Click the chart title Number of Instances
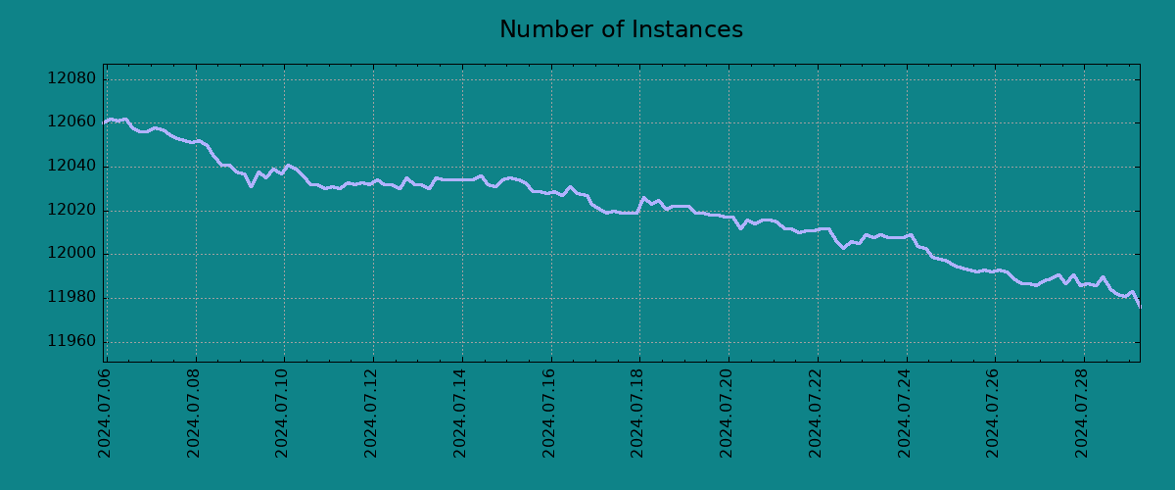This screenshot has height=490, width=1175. click(x=621, y=30)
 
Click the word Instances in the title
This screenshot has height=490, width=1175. click(x=682, y=30)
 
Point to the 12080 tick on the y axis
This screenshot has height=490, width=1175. click(x=72, y=79)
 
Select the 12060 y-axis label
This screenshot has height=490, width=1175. click(x=72, y=123)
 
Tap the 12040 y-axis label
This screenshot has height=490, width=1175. click(x=72, y=167)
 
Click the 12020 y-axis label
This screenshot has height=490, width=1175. click(x=72, y=211)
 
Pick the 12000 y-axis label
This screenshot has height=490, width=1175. click(x=72, y=255)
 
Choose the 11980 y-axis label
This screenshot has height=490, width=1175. click(x=72, y=298)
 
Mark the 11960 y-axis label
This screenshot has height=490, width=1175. click(x=72, y=342)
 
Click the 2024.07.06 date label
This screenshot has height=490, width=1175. click(x=105, y=413)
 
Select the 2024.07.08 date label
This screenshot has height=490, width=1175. click(x=194, y=413)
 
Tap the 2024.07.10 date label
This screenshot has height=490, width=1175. click(x=283, y=413)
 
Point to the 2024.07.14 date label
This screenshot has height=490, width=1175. click(x=460, y=413)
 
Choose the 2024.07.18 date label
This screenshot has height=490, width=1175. click(x=638, y=413)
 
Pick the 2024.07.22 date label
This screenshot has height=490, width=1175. click(x=816, y=413)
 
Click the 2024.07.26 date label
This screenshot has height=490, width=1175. click(x=994, y=413)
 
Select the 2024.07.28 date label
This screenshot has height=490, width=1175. click(x=1082, y=413)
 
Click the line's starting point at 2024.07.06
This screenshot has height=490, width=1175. click(x=105, y=122)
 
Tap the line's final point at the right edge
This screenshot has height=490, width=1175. click(x=1139, y=307)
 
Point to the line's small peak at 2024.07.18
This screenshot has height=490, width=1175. click(x=644, y=198)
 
